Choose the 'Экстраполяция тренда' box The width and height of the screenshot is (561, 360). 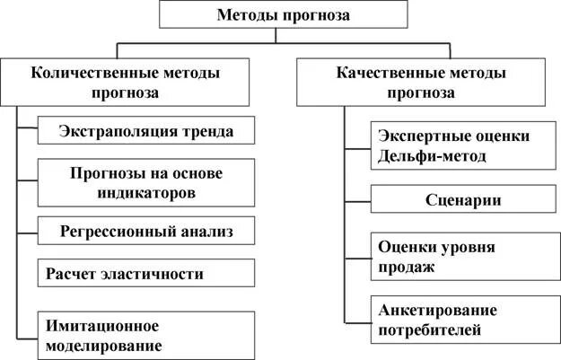(146, 131)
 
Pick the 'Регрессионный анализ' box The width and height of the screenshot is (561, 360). (146, 232)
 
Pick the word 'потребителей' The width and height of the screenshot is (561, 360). (430, 330)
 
